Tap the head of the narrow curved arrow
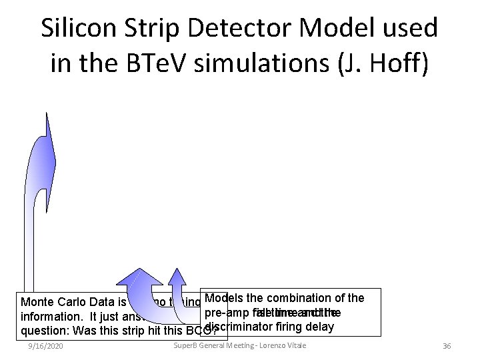(177, 275)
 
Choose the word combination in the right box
(298, 297)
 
